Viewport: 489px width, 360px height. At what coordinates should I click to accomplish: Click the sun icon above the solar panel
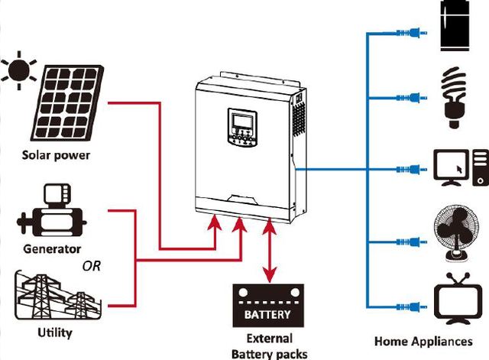pyautogui.click(x=19, y=70)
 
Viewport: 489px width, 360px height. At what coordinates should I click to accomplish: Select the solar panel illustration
pyautogui.click(x=67, y=102)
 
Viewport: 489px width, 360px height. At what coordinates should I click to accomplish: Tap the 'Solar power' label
pyautogui.click(x=56, y=155)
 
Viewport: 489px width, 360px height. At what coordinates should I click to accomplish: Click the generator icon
pyautogui.click(x=52, y=209)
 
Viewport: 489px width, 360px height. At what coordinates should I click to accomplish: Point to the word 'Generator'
pyautogui.click(x=52, y=249)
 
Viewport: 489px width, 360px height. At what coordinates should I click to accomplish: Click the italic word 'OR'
pyautogui.click(x=92, y=266)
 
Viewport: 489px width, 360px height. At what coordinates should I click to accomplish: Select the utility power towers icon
pyautogui.click(x=58, y=295)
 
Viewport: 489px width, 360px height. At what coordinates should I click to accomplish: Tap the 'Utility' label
pyautogui.click(x=55, y=332)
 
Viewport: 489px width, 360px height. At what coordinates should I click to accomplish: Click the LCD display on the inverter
pyautogui.click(x=242, y=121)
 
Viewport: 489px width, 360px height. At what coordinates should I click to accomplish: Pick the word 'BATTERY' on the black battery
pyautogui.click(x=267, y=314)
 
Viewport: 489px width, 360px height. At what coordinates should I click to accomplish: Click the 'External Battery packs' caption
pyautogui.click(x=270, y=346)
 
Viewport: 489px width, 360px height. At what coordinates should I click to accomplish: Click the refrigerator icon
pyautogui.click(x=455, y=25)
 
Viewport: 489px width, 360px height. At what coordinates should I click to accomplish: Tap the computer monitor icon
pyautogui.click(x=452, y=167)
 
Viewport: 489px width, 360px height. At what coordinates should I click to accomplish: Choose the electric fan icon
pyautogui.click(x=456, y=233)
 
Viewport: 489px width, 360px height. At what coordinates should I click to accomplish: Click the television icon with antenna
pyautogui.click(x=458, y=299)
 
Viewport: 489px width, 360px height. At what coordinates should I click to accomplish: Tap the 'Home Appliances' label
pyautogui.click(x=423, y=342)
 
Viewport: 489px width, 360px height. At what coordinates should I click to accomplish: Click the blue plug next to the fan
pyautogui.click(x=412, y=242)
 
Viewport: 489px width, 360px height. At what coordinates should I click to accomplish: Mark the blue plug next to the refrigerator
pyautogui.click(x=412, y=32)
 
